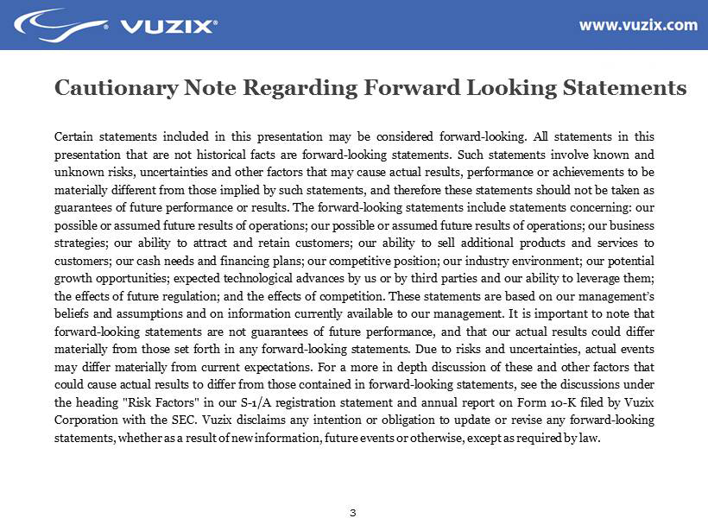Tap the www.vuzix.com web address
[x=637, y=25]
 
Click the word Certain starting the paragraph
[x=75, y=136]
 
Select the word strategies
[x=79, y=242]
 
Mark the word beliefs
[x=72, y=314]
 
